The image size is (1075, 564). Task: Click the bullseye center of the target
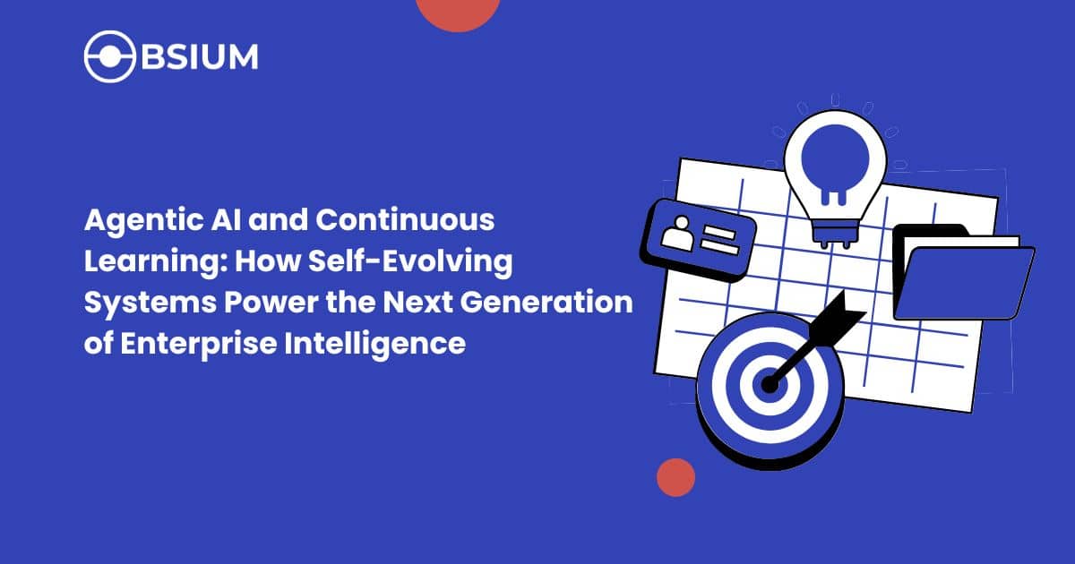click(769, 384)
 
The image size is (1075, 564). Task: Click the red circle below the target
click(675, 477)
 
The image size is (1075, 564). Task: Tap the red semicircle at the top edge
click(458, 11)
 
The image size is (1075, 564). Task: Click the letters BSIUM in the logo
click(197, 56)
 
